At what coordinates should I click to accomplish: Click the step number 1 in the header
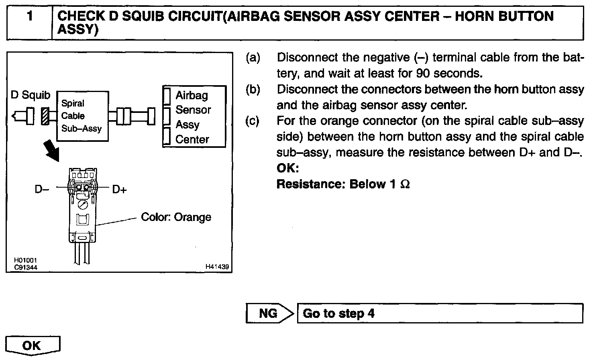29,17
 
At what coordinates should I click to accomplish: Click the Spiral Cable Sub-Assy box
82,116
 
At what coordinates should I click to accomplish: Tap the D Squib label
31,95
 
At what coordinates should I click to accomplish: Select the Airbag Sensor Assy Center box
194,117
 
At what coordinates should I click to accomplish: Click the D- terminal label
41,189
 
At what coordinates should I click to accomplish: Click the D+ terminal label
119,189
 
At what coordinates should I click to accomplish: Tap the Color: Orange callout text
176,217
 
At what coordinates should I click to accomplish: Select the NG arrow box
270,313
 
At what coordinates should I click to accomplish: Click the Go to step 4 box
440,313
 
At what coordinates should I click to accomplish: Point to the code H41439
217,266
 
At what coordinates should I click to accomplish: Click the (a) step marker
253,57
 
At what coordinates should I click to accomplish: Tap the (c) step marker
253,121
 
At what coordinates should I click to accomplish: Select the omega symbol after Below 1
405,184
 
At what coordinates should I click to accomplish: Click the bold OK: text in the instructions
288,168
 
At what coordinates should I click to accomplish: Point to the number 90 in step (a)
423,74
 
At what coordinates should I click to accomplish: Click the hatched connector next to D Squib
45,117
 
